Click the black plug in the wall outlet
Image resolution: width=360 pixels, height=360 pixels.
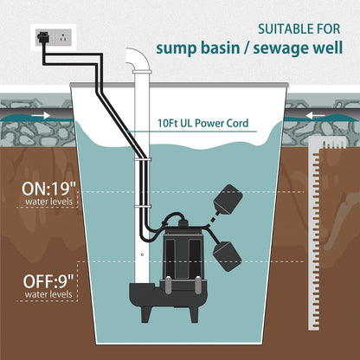[43, 37]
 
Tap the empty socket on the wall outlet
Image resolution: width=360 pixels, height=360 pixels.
[62, 37]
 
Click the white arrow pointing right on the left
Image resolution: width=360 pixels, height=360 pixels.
[41, 116]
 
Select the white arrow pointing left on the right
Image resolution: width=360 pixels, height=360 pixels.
[315, 116]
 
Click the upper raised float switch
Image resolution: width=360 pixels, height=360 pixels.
[228, 200]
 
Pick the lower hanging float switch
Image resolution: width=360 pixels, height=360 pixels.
[227, 255]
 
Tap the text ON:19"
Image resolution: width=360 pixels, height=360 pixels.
[48, 189]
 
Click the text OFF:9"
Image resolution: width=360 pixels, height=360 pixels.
[48, 281]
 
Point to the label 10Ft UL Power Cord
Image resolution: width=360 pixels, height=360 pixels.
[202, 123]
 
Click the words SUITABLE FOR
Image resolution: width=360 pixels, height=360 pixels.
[299, 29]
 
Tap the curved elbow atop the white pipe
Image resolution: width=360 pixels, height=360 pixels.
[139, 58]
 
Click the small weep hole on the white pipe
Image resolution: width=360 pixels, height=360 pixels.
[142, 254]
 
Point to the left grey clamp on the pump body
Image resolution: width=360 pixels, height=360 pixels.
[168, 285]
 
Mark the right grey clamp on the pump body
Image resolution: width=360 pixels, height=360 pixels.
[198, 285]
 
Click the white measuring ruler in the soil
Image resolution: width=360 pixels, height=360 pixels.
[317, 232]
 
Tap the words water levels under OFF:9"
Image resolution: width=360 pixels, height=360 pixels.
[48, 294]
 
